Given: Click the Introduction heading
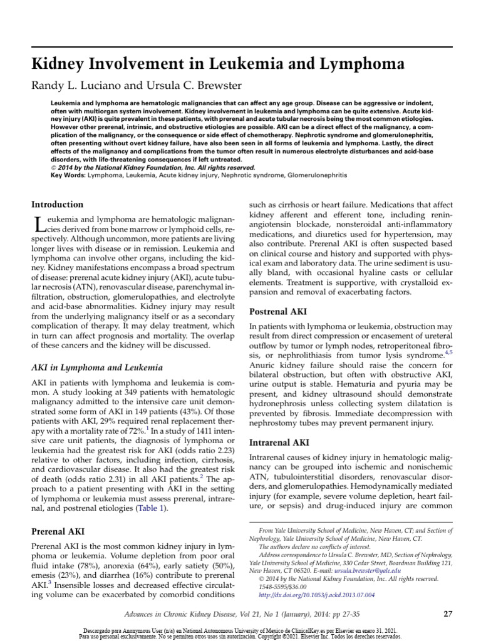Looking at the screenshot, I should tap(57, 205).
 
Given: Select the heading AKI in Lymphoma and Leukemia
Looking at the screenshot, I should tap(96, 367).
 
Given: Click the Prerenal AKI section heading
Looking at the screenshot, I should tap(58, 531).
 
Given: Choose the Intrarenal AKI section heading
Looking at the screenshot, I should tap(279, 443).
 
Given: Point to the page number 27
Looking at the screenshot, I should tap(447, 614).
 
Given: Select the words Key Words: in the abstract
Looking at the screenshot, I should tap(67, 176).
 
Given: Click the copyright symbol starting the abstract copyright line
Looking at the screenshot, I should tap(53, 168).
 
